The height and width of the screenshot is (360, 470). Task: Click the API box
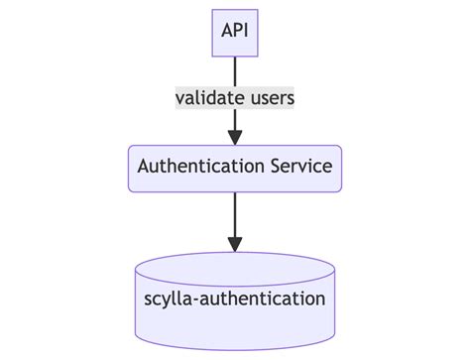pos(235,33)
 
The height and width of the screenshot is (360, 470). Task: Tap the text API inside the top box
pos(235,33)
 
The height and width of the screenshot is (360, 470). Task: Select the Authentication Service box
pos(235,168)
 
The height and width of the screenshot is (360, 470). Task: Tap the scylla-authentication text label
pos(235,298)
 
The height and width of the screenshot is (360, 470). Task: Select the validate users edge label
pos(235,98)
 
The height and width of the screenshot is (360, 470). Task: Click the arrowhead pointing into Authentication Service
pos(235,137)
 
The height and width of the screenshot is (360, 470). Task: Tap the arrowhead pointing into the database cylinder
pos(235,243)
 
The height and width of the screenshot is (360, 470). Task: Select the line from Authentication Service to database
pos(235,213)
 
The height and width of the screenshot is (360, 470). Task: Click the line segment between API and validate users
pos(235,71)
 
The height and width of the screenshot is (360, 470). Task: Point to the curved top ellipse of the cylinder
pos(235,263)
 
